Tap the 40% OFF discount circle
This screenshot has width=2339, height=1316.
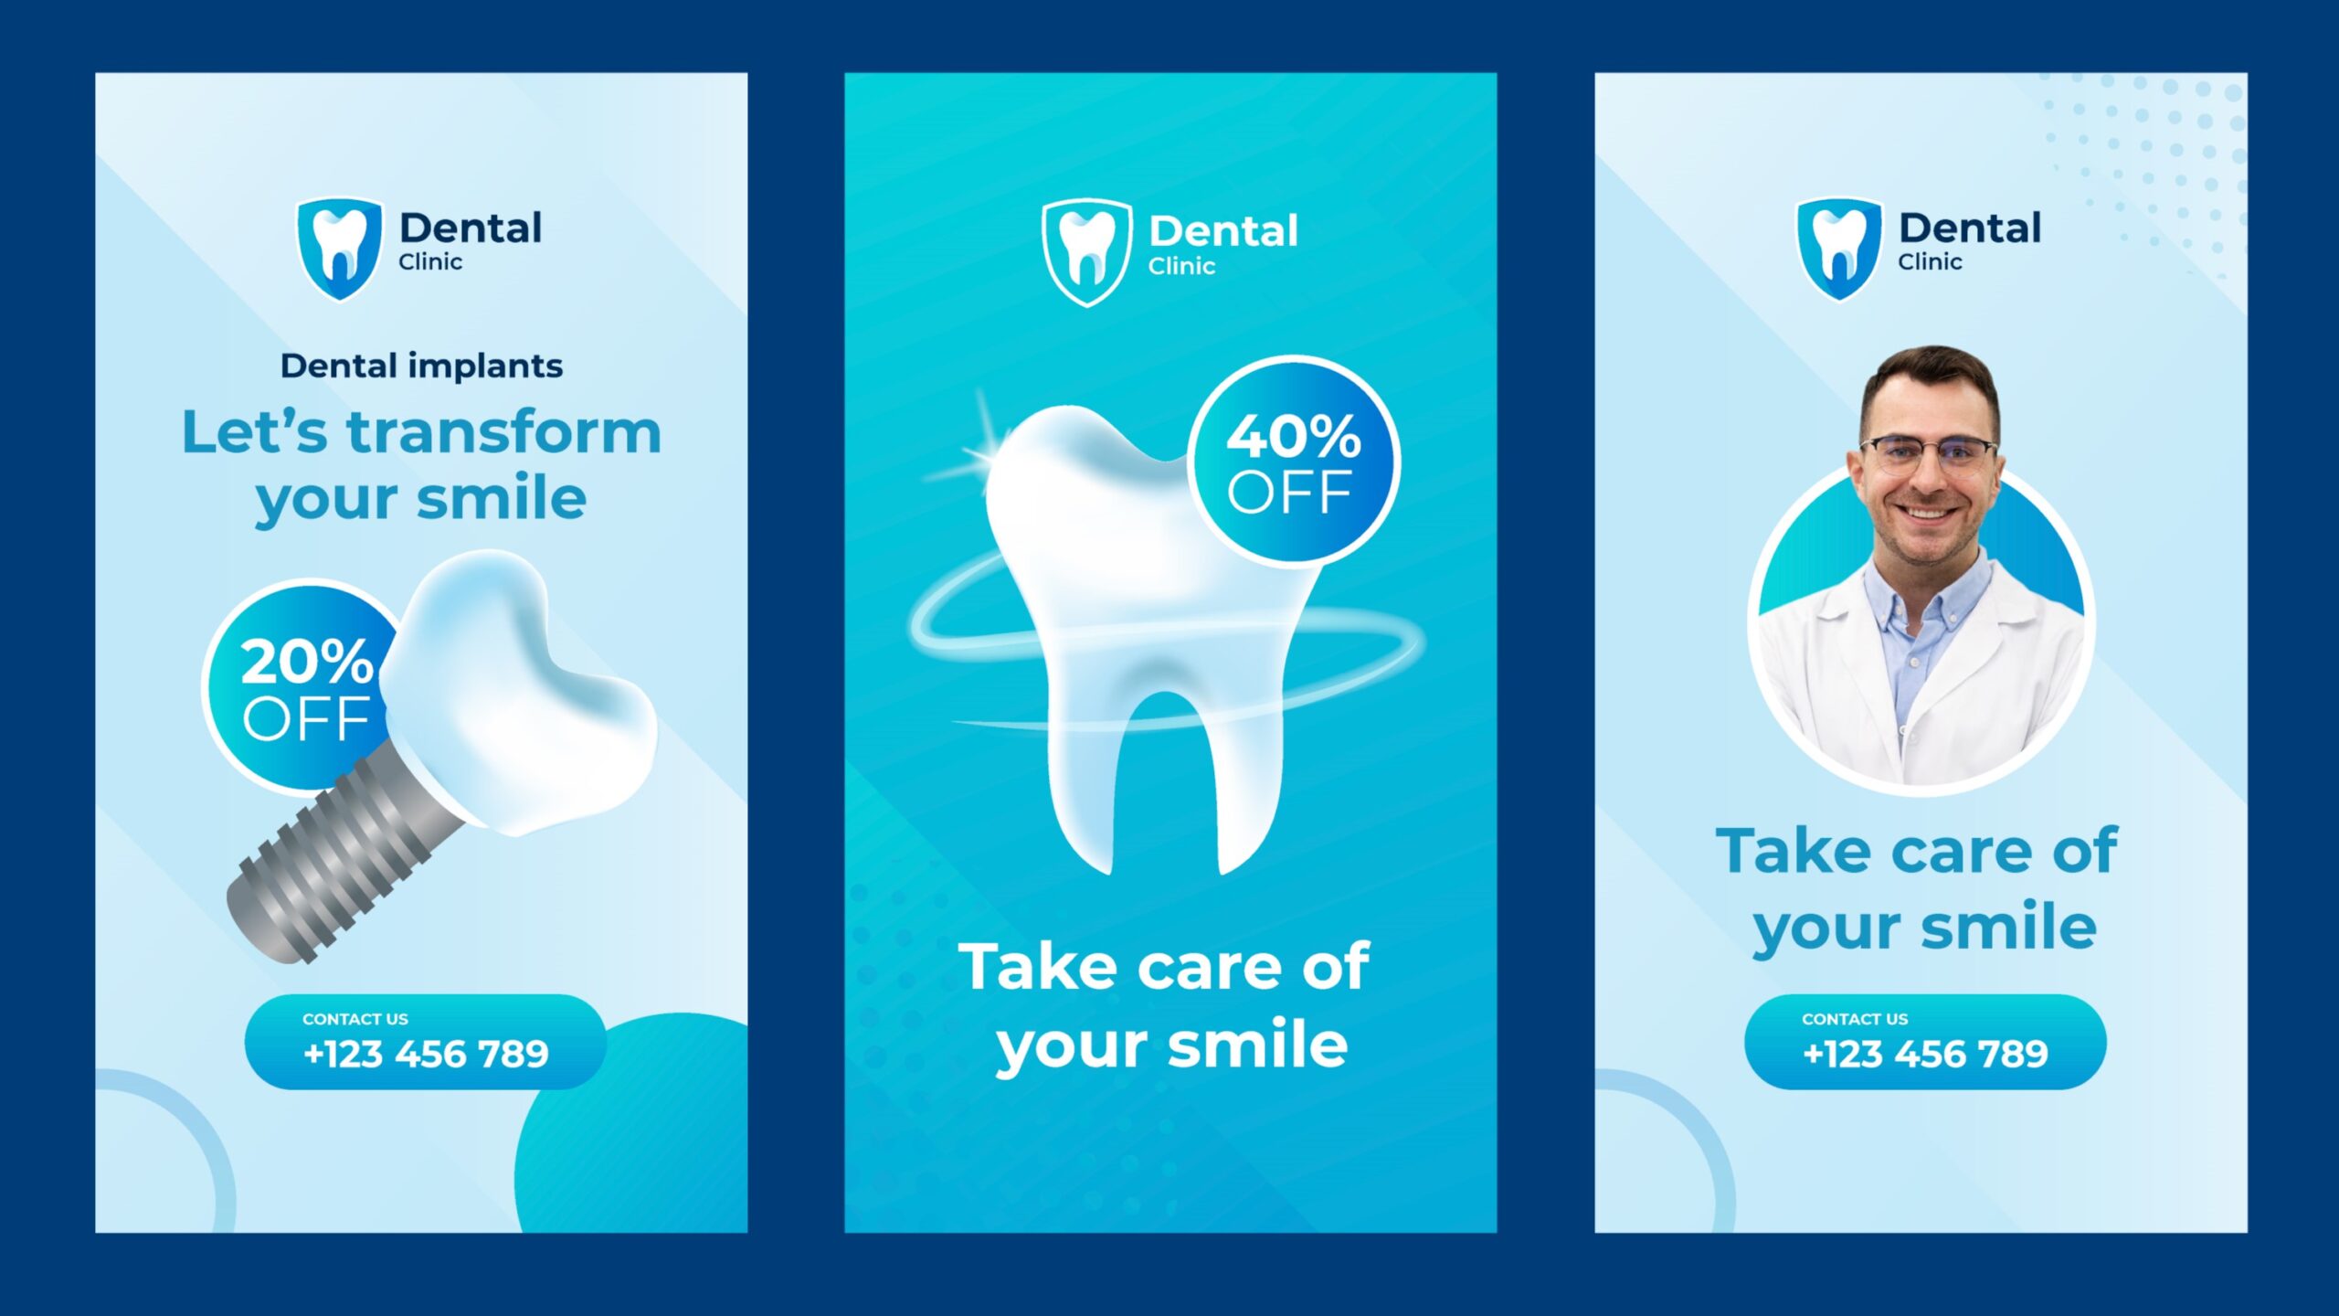(x=1294, y=462)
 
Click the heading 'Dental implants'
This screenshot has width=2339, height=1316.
(x=421, y=366)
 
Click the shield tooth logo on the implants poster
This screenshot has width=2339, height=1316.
(x=339, y=249)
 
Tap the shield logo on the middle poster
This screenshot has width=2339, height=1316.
(x=1086, y=252)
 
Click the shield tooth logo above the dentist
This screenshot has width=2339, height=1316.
(x=1839, y=249)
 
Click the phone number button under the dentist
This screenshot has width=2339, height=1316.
(x=1925, y=1042)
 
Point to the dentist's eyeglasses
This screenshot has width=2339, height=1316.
(x=1928, y=453)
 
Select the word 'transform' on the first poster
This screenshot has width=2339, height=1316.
(x=503, y=432)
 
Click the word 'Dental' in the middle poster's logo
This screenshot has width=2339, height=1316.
(x=1223, y=231)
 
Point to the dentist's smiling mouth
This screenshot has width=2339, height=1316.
(x=1928, y=512)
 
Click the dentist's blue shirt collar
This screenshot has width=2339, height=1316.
(x=1926, y=594)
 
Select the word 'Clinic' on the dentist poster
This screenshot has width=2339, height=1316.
(x=1930, y=262)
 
